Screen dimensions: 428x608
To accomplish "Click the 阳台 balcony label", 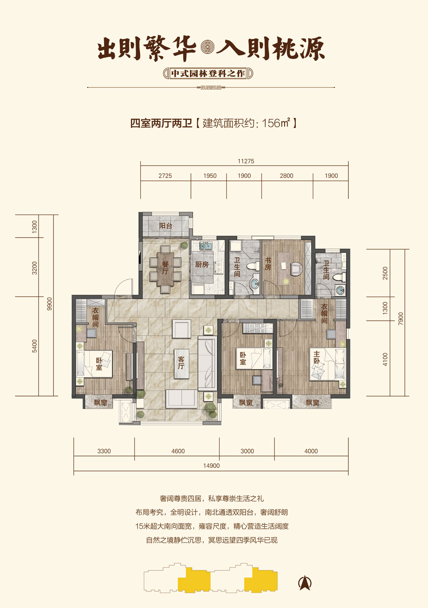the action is [x=165, y=226].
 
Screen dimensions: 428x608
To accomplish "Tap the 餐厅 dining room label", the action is [x=165, y=268].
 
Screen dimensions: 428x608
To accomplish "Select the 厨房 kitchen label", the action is [x=202, y=264].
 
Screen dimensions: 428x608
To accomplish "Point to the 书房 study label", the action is [x=268, y=264].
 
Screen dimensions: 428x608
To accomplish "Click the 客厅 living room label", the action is [x=181, y=363].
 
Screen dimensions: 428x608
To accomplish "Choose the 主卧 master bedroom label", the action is [x=317, y=357].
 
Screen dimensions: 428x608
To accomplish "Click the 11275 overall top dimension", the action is [x=246, y=161].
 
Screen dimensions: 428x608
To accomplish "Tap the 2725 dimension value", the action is [x=165, y=176].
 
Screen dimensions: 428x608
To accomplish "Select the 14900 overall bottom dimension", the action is [x=211, y=466].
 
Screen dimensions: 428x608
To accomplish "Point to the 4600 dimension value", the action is [x=178, y=451].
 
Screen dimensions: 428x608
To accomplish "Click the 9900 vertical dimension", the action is [x=49, y=304].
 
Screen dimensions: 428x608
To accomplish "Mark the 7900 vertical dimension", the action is [x=401, y=319].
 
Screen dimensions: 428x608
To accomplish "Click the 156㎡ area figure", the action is [x=276, y=123].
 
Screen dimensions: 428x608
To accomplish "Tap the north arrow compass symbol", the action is [x=305, y=583].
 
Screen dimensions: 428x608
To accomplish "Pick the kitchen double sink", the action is [x=206, y=246].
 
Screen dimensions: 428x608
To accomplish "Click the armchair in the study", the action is [x=296, y=268].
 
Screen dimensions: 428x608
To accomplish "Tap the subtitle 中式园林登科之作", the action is [x=208, y=74].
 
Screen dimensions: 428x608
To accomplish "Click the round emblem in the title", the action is [x=208, y=47].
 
